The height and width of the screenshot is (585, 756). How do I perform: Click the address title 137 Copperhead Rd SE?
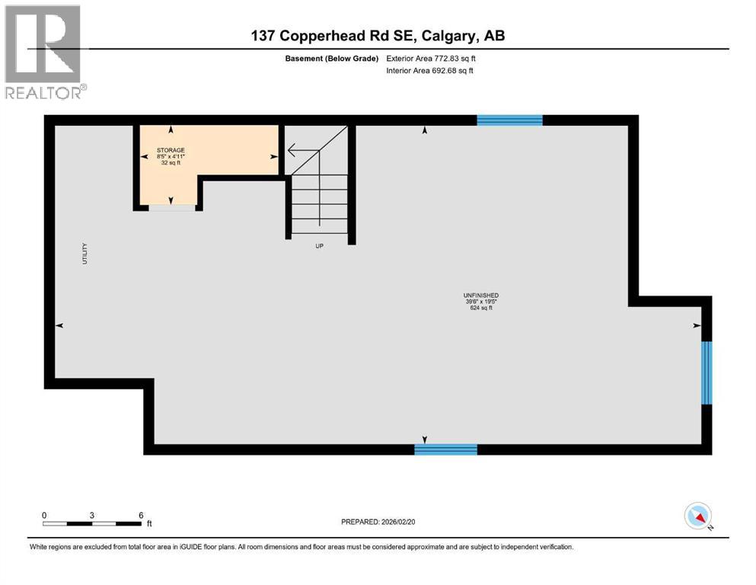[378, 36]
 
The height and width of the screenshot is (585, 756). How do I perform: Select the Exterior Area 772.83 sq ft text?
[435, 58]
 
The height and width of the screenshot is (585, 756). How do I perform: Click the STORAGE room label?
[171, 150]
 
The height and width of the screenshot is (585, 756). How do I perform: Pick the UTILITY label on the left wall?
[85, 254]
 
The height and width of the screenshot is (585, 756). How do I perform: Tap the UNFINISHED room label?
[480, 296]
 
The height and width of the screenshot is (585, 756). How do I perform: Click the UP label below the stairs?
[321, 246]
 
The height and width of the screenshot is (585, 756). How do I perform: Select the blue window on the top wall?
[509, 120]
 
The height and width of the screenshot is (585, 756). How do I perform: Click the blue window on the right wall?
[706, 372]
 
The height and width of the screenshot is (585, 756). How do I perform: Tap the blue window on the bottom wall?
[445, 449]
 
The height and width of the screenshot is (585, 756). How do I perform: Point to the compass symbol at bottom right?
[698, 516]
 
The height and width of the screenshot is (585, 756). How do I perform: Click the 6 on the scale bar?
[141, 515]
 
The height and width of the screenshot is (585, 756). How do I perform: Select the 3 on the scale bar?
[92, 515]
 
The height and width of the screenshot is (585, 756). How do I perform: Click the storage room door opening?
[171, 206]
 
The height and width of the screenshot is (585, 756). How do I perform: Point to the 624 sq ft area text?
[480, 308]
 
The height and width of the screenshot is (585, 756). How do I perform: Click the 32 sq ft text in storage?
[171, 163]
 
